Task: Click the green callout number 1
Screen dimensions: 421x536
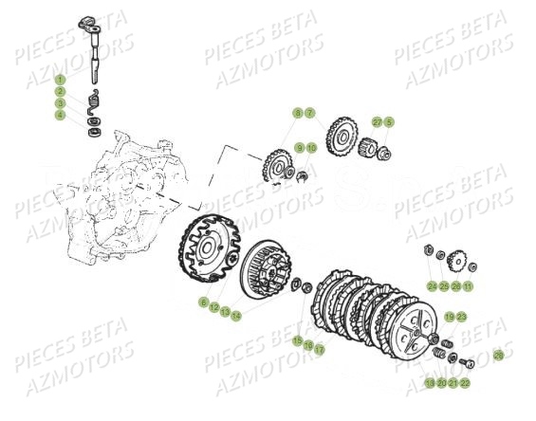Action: (x=60, y=81)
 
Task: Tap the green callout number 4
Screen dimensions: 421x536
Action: (x=60, y=116)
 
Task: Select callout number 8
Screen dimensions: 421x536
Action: (x=298, y=113)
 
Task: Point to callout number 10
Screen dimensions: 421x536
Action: (x=311, y=148)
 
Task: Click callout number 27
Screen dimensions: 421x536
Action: (x=377, y=122)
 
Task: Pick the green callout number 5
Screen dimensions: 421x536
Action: (x=388, y=122)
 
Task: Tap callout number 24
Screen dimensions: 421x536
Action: (x=432, y=285)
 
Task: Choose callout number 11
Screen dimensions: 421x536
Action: (x=468, y=285)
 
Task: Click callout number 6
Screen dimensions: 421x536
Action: (x=203, y=302)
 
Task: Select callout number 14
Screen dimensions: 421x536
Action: (x=236, y=316)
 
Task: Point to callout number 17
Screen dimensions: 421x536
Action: (x=320, y=349)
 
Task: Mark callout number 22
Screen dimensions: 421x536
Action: (x=465, y=383)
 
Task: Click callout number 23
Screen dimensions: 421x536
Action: (x=461, y=317)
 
